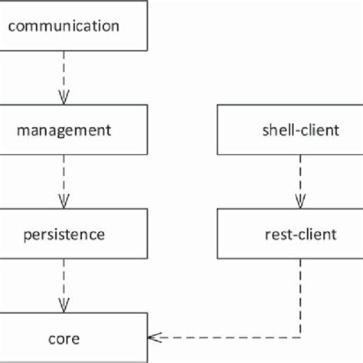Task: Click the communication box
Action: [x=73, y=25]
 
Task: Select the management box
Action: [x=73, y=129]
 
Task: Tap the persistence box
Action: [x=73, y=234]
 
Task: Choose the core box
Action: [x=73, y=337]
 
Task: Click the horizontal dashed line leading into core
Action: [x=230, y=337]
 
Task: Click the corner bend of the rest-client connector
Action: [x=300, y=337]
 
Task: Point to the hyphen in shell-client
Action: [x=286, y=131]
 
